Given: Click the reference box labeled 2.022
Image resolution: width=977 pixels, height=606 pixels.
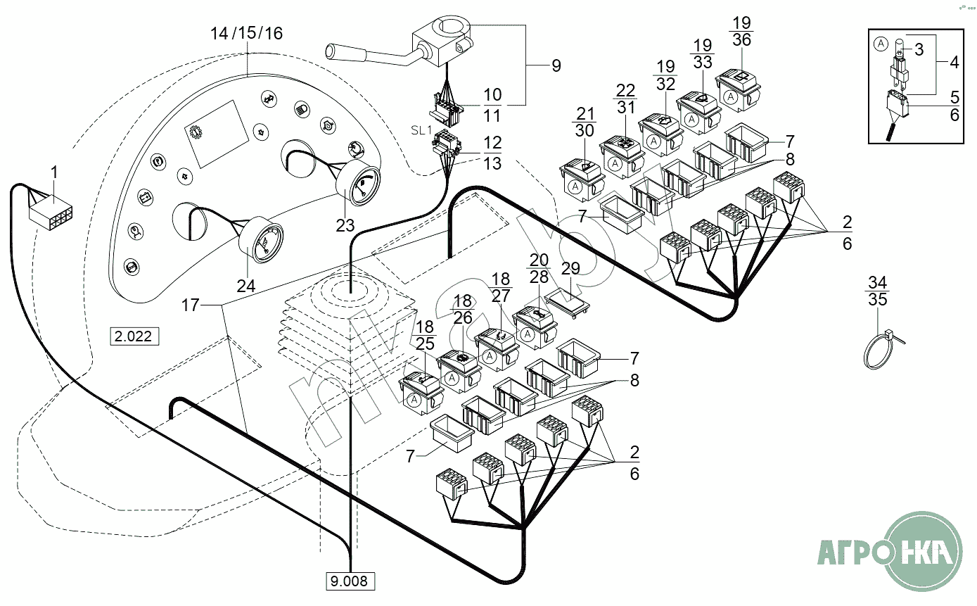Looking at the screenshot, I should pyautogui.click(x=133, y=336).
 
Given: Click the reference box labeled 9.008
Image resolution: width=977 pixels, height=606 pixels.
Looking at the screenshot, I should pyautogui.click(x=350, y=581).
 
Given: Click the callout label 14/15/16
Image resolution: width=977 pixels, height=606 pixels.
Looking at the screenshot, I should pyautogui.click(x=247, y=33).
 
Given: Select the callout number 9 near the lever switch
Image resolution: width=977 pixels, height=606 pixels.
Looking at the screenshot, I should pyautogui.click(x=556, y=66).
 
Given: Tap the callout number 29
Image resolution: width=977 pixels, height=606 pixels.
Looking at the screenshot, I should pyautogui.click(x=570, y=267).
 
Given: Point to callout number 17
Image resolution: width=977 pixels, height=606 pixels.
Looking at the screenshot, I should pyautogui.click(x=190, y=305).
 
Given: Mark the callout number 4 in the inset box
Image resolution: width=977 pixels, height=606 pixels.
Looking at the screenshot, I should pyautogui.click(x=954, y=61).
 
